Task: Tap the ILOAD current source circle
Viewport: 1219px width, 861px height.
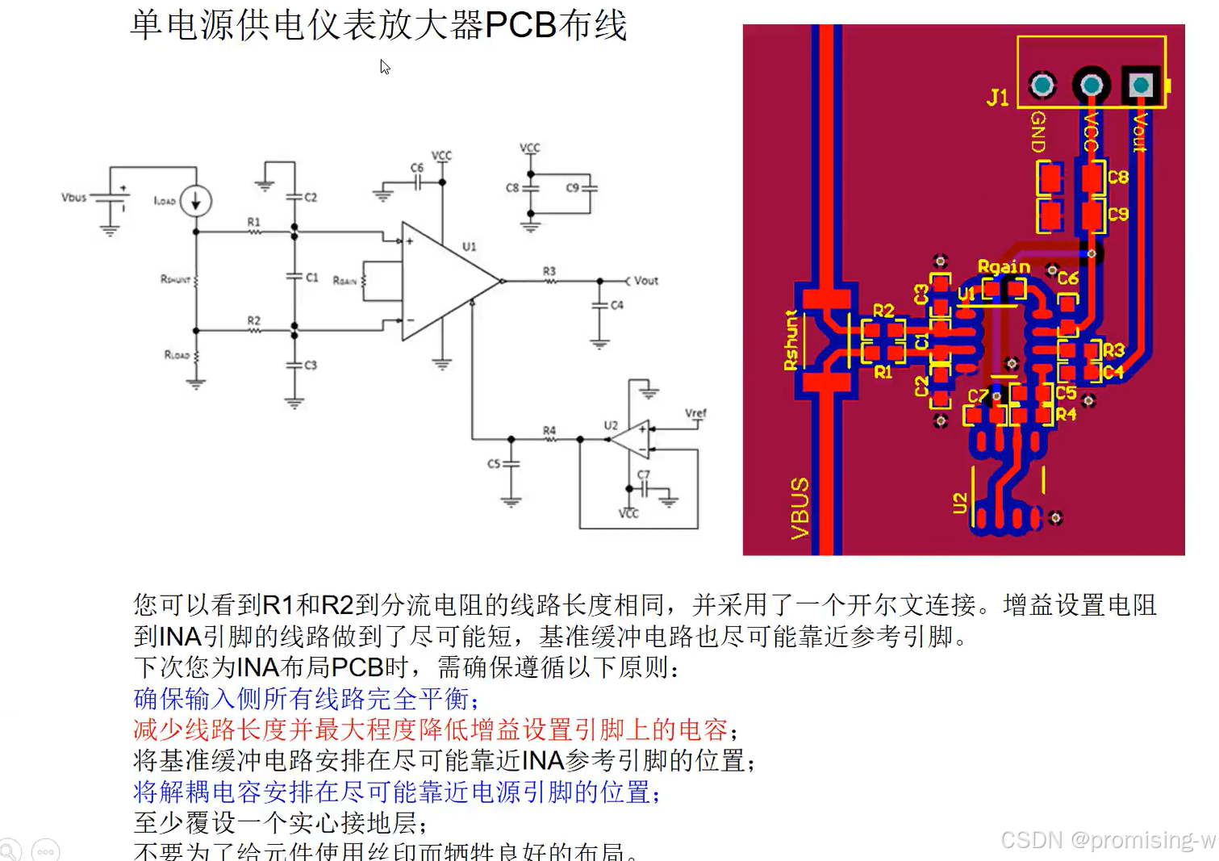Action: tap(195, 201)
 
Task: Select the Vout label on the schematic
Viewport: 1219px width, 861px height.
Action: tap(645, 281)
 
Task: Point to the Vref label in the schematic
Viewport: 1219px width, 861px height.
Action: tap(695, 413)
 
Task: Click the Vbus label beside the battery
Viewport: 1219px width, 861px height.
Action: tap(73, 197)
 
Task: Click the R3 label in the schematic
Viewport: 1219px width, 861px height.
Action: tap(549, 271)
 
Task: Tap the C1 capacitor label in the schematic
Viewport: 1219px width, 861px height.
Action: tap(312, 278)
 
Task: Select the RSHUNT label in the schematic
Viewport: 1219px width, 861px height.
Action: tap(175, 279)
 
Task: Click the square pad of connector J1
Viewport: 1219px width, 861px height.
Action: tap(1141, 85)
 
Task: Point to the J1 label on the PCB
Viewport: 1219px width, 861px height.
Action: tap(998, 98)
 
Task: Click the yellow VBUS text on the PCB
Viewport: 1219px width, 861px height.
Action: tap(799, 508)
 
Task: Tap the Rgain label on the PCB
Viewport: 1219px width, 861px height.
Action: tap(1004, 267)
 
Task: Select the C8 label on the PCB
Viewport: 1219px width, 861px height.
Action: tap(1118, 177)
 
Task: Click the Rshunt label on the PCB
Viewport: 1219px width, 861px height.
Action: tap(791, 341)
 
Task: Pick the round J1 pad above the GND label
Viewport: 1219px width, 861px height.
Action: tap(1042, 85)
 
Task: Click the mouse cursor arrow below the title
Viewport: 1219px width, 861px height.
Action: tap(385, 67)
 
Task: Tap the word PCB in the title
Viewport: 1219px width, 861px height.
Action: tap(521, 25)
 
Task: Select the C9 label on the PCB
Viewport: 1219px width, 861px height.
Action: tap(1118, 214)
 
